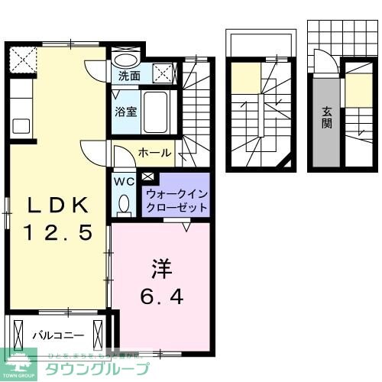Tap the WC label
[123, 183]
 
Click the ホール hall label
[154, 153]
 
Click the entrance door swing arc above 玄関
[323, 63]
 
